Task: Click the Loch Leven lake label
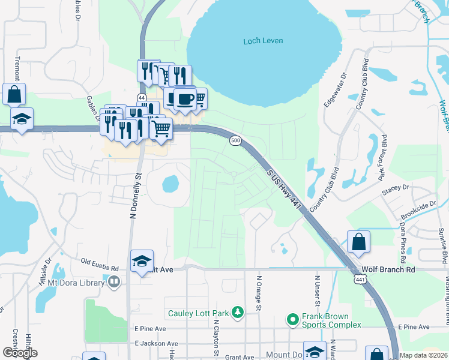(263, 41)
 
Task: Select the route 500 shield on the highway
(235, 140)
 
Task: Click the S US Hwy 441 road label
(283, 188)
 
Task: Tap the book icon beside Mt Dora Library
(114, 281)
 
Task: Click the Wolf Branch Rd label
(388, 270)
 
